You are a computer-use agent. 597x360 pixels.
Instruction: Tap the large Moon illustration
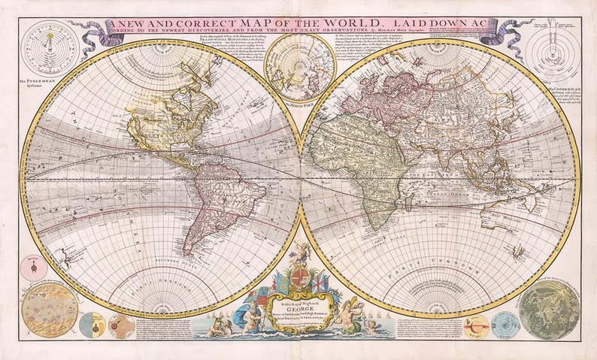549,310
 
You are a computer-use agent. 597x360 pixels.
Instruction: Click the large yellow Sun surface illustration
50,310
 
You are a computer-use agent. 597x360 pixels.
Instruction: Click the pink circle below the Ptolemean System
33,268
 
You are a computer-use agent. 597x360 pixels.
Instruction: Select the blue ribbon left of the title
92,33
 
